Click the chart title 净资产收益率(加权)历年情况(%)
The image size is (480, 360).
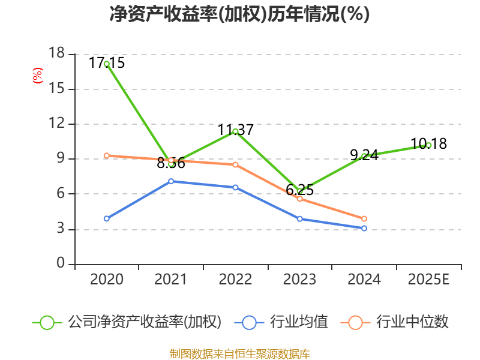(239, 14)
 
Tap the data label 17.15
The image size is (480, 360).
(107, 62)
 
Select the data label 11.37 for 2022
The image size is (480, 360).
(235, 130)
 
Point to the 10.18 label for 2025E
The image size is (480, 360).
(428, 144)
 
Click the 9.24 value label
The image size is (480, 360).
(364, 155)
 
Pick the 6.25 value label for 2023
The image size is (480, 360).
(299, 190)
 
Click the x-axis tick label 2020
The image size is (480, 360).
(107, 279)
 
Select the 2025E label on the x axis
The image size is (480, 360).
(428, 279)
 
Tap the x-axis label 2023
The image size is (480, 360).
(299, 279)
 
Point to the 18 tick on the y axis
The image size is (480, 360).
(58, 54)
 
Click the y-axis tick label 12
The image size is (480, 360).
(58, 124)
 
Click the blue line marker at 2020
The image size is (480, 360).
(107, 218)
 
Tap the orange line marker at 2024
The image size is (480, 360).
(364, 218)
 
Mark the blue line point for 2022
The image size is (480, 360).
(235, 187)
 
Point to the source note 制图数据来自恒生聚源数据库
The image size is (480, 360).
(239, 353)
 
